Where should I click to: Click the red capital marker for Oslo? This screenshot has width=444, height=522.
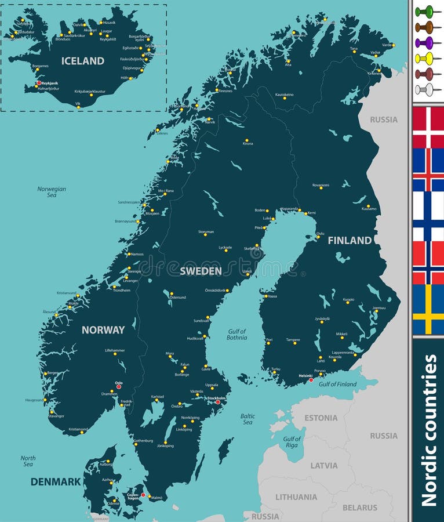pyautogui.click(x=119, y=387)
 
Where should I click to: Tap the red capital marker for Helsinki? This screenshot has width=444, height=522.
pyautogui.click(x=311, y=380)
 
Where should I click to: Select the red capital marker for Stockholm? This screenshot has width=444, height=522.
pyautogui.click(x=218, y=402)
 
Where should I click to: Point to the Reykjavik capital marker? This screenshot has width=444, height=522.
pyautogui.click(x=39, y=83)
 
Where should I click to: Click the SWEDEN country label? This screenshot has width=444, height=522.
pyautogui.click(x=201, y=271)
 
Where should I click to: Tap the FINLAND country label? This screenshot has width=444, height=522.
pyautogui.click(x=350, y=240)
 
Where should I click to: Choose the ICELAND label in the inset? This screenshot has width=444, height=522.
pyautogui.click(x=83, y=60)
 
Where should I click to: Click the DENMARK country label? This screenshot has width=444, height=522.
pyautogui.click(x=56, y=481)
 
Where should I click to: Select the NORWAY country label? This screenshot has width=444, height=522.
pyautogui.click(x=103, y=329)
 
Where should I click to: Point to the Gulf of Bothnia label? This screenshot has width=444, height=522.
pyautogui.click(x=236, y=335)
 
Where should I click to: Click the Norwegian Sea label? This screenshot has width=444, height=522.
pyautogui.click(x=52, y=192)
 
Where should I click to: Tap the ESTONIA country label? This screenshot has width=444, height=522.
pyautogui.click(x=321, y=418)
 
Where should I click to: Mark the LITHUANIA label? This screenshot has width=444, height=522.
pyautogui.click(x=296, y=496)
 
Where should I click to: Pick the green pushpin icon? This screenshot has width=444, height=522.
pyautogui.click(x=425, y=11)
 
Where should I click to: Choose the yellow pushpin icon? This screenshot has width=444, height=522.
pyautogui.click(x=425, y=58)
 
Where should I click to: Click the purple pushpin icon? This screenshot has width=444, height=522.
pyautogui.click(x=425, y=42)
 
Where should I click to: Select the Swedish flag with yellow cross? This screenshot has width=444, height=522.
pyautogui.click(x=428, y=309)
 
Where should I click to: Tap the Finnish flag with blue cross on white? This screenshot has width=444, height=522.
pyautogui.click(x=428, y=216)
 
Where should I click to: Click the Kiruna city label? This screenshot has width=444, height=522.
pyautogui.click(x=248, y=144)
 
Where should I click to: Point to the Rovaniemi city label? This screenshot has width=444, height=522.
pyautogui.click(x=321, y=185)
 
